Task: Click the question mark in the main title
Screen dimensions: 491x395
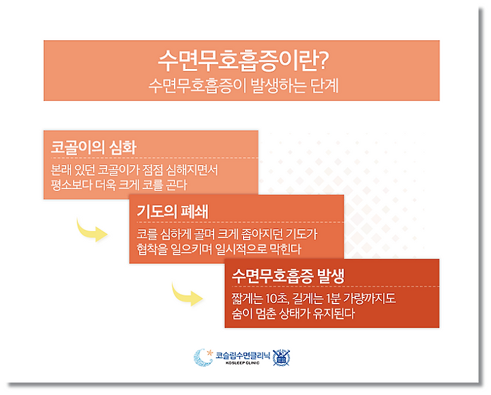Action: [x=322, y=61]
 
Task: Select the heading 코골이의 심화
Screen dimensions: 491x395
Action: [x=93, y=147]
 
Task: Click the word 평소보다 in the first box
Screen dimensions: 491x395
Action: [x=71, y=185]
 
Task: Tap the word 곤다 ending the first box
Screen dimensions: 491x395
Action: [x=176, y=185]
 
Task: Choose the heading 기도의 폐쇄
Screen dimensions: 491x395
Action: [x=173, y=211]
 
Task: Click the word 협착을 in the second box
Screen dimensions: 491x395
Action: [x=152, y=249]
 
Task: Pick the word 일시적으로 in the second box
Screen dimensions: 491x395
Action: [x=241, y=249]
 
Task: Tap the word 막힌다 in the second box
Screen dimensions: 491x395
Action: [x=285, y=249]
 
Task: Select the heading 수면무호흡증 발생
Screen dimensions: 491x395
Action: [x=288, y=276]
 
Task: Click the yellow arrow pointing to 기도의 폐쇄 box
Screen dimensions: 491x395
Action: [x=91, y=231]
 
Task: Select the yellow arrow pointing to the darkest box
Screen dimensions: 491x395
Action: [x=186, y=295]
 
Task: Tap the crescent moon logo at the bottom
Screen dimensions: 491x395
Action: [x=203, y=357]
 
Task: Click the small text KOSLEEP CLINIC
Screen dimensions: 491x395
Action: [x=242, y=363]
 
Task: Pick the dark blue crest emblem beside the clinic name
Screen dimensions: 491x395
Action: [x=281, y=357]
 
